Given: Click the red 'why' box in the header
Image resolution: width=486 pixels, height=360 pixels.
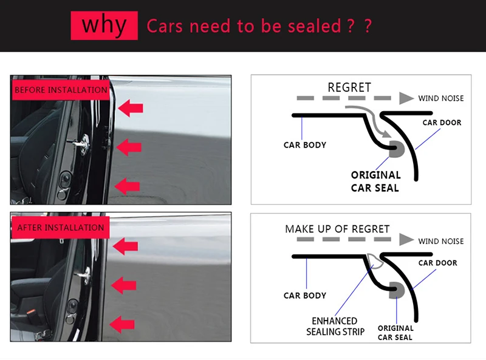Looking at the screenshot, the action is click(104, 25).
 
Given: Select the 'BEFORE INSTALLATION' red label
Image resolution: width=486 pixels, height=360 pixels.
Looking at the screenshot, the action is click(60, 90).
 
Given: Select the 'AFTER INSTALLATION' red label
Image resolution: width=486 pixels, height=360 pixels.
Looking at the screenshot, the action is click(60, 228).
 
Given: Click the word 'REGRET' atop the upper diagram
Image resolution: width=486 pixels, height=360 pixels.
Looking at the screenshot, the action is click(349, 87).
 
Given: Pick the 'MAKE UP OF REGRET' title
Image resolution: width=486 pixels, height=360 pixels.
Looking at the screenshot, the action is click(337, 229).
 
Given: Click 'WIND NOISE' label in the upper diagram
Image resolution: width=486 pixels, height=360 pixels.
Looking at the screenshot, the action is click(440, 98).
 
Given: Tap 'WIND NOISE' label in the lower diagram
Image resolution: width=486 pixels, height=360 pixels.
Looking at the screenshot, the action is click(440, 241).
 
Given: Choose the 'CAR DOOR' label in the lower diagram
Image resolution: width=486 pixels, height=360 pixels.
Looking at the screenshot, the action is click(437, 263).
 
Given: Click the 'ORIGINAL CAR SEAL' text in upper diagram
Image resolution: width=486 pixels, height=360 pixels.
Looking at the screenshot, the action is click(375, 182).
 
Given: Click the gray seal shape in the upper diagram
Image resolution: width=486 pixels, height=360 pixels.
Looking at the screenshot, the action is click(398, 149).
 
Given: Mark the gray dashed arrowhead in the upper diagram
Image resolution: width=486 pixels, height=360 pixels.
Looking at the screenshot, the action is click(406, 98).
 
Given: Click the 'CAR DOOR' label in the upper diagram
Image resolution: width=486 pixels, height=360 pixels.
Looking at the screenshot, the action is click(442, 123).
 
